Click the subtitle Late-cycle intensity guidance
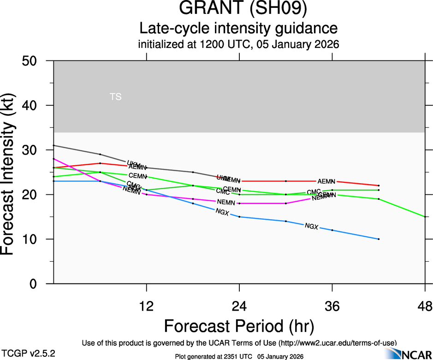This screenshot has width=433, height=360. pyautogui.click(x=238, y=28)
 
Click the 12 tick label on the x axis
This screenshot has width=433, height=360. pyautogui.click(x=147, y=306)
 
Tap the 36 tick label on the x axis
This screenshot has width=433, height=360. pyautogui.click(x=332, y=306)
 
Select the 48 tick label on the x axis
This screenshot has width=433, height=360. pyautogui.click(x=425, y=306)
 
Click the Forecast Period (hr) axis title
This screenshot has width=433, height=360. pyautogui.click(x=239, y=326)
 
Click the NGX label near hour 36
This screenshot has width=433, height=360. pyautogui.click(x=312, y=226)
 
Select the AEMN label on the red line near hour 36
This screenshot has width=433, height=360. pyautogui.click(x=326, y=181)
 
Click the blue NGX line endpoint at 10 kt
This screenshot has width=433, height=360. pyautogui.click(x=379, y=239)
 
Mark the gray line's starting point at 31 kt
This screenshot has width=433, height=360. pyautogui.click(x=54, y=145)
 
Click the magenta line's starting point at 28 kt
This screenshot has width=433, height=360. pyautogui.click(x=54, y=159)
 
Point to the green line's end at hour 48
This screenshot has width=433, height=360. pyautogui.click(x=425, y=217)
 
